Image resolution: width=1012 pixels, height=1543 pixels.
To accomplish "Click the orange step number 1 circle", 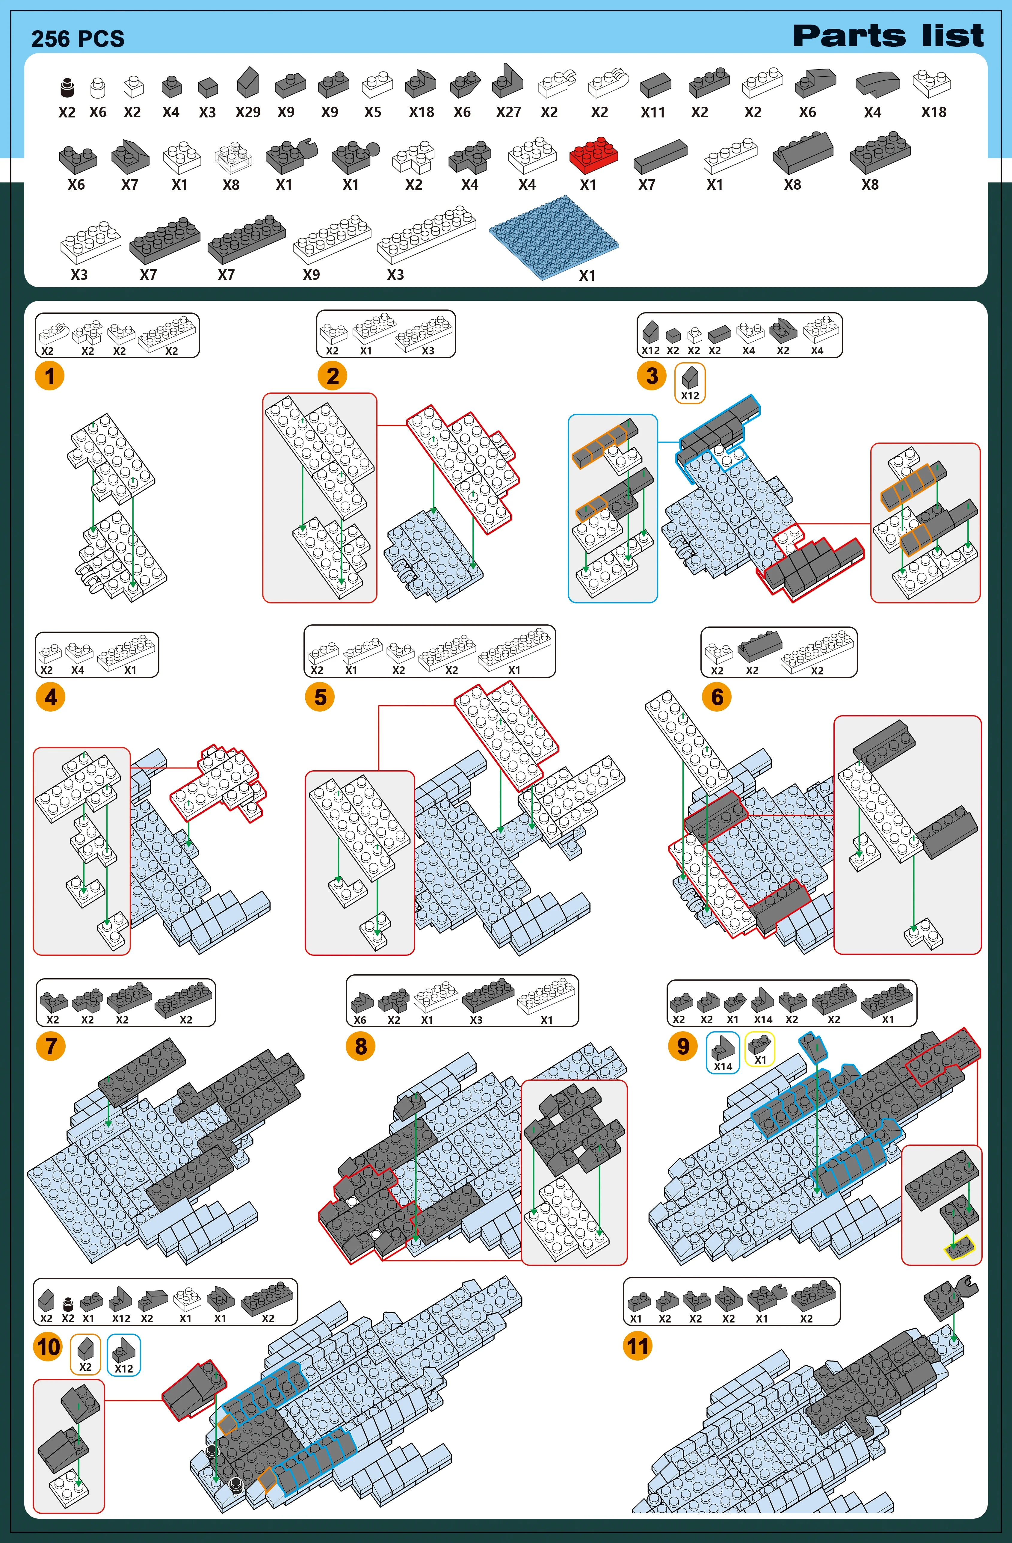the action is (x=50, y=376).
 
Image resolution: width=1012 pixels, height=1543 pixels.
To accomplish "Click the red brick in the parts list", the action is (x=593, y=155).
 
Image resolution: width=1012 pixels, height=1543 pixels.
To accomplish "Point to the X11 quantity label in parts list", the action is (x=653, y=112).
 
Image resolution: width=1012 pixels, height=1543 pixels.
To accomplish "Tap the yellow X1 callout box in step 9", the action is (x=760, y=1048).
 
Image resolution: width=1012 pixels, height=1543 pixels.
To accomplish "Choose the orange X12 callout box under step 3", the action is (x=690, y=383).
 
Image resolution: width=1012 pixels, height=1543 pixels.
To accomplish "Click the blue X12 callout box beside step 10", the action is (x=123, y=1354).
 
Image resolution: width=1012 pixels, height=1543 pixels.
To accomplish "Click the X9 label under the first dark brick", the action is (x=286, y=112).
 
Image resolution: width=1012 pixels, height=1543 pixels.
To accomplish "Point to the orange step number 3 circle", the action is (x=652, y=376).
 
